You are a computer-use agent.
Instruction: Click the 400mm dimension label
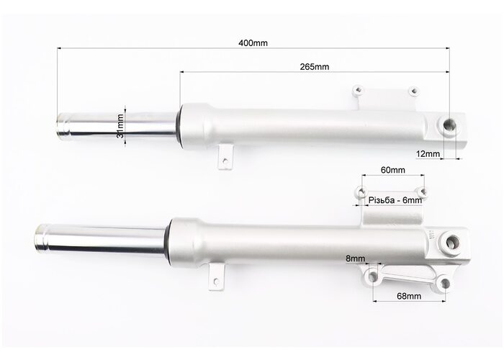(253, 42)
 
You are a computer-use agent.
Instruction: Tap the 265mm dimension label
(315, 66)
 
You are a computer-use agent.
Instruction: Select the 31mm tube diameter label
(120, 126)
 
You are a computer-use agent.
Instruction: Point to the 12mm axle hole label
(428, 154)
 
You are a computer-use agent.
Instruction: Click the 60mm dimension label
(393, 170)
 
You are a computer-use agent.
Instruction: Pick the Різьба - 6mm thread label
(395, 200)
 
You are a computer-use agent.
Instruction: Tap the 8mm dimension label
(356, 258)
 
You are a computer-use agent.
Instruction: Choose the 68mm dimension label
(409, 296)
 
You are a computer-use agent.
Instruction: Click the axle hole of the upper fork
(449, 125)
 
